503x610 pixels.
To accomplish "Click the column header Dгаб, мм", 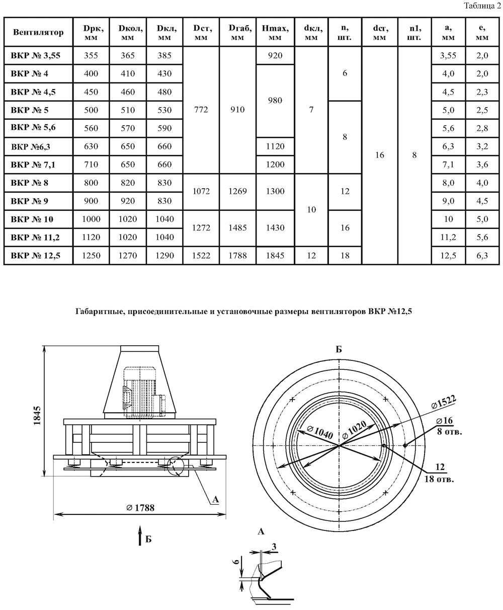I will click(236, 33).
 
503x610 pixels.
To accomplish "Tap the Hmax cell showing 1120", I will click(275, 146).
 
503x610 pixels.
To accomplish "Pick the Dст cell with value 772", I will click(201, 110).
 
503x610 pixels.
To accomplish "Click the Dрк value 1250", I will click(92, 256).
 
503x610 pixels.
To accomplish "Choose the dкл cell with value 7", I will click(311, 110).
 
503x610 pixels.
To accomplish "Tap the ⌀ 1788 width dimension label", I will click(140, 508).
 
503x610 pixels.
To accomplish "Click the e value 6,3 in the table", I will click(482, 256).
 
